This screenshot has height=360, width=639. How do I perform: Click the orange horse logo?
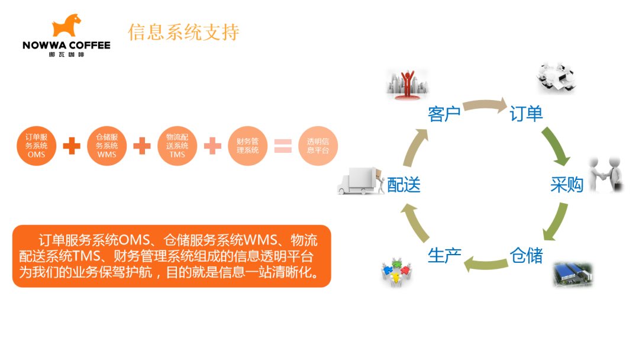point(66,25)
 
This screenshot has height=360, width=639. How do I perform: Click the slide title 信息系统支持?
point(183,32)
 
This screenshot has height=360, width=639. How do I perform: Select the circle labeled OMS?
point(36,146)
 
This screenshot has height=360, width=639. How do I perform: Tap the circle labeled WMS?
point(106,146)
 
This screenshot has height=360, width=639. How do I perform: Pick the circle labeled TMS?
point(177,146)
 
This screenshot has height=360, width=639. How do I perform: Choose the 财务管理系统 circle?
point(248,146)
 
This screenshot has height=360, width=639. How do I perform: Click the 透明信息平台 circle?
point(318,146)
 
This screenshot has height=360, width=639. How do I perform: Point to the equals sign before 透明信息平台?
point(283,146)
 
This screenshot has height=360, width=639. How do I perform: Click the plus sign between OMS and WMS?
point(72,146)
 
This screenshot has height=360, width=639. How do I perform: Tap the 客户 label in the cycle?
point(444,114)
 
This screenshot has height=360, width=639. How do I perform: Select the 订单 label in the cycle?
point(526,113)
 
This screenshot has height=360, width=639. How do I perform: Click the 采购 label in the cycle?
point(567,185)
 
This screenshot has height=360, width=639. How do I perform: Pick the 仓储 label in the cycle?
point(526,256)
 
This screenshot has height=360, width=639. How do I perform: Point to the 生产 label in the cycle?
point(444,256)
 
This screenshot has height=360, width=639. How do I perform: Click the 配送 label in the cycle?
point(404,185)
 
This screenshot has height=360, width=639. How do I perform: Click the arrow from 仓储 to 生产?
point(486,265)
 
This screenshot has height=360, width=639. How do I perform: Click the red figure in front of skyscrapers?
point(408,84)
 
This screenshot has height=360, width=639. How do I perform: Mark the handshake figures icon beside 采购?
point(606,174)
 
